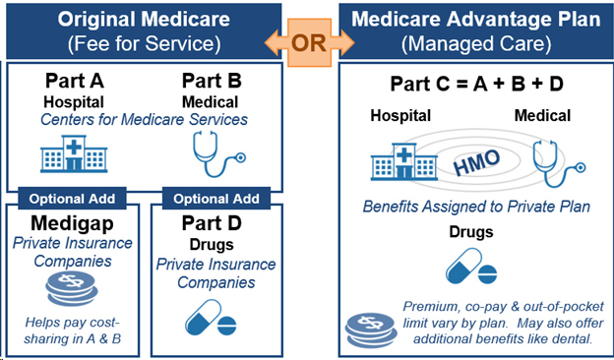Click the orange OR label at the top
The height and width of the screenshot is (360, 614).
[x=307, y=42]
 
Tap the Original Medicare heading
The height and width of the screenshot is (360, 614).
[x=143, y=20]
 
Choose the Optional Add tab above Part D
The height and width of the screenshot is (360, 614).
[x=215, y=198]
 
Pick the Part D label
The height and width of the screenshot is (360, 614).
[x=215, y=222]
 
